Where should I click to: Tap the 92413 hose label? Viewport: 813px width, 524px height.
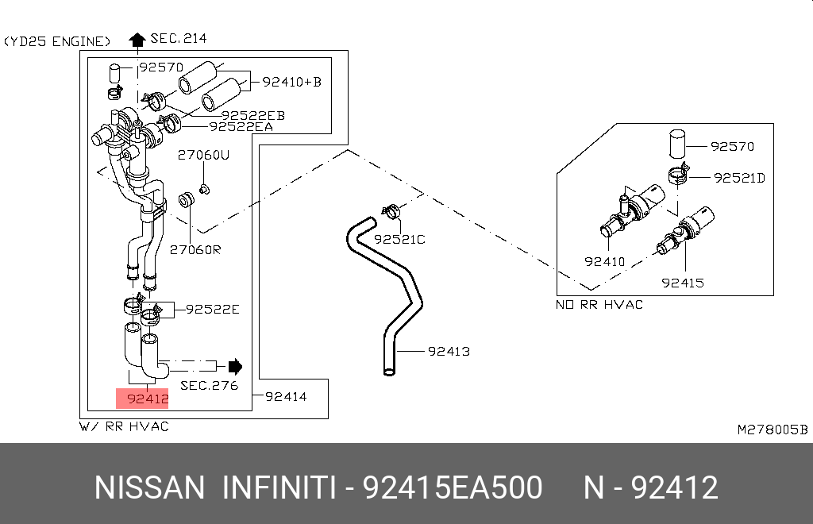point(449,350)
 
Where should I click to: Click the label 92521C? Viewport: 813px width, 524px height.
point(400,239)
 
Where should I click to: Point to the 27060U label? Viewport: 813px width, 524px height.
point(202,155)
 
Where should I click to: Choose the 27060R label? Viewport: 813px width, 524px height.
point(195,250)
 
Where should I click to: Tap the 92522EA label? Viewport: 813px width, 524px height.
point(241,126)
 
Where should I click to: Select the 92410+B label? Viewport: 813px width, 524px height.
point(291,81)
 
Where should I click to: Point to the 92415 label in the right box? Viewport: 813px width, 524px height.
point(683,282)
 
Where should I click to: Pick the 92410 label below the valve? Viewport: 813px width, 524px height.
point(605,261)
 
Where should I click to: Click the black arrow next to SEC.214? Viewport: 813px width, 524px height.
point(137,39)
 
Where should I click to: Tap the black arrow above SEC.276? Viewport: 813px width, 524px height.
point(235,366)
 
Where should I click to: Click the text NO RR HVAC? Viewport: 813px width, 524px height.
point(599,304)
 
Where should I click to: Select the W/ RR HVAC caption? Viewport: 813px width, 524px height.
point(124,426)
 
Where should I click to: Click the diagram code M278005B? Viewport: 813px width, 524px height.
point(772,430)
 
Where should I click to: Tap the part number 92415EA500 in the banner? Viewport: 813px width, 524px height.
point(453,487)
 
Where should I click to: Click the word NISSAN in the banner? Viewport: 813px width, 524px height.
point(150,487)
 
